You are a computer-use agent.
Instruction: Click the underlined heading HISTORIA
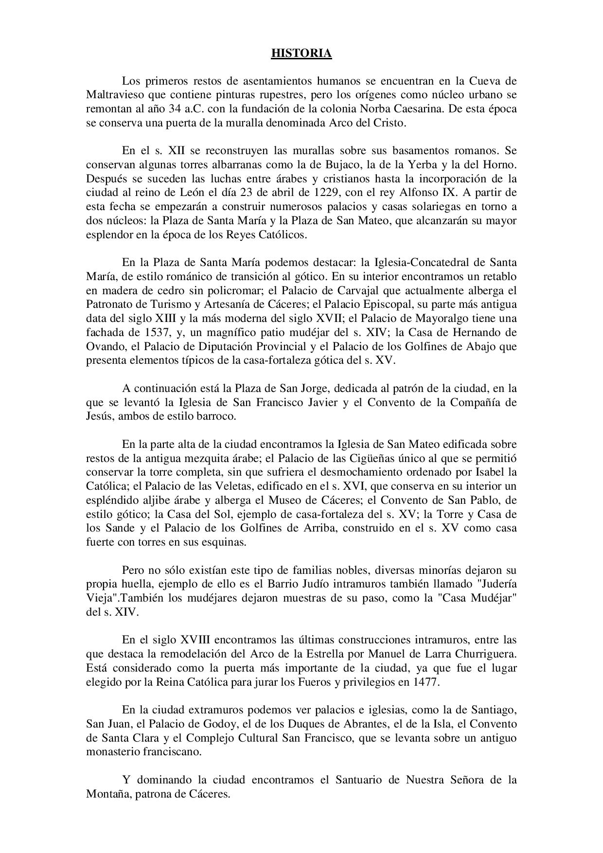(301, 53)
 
